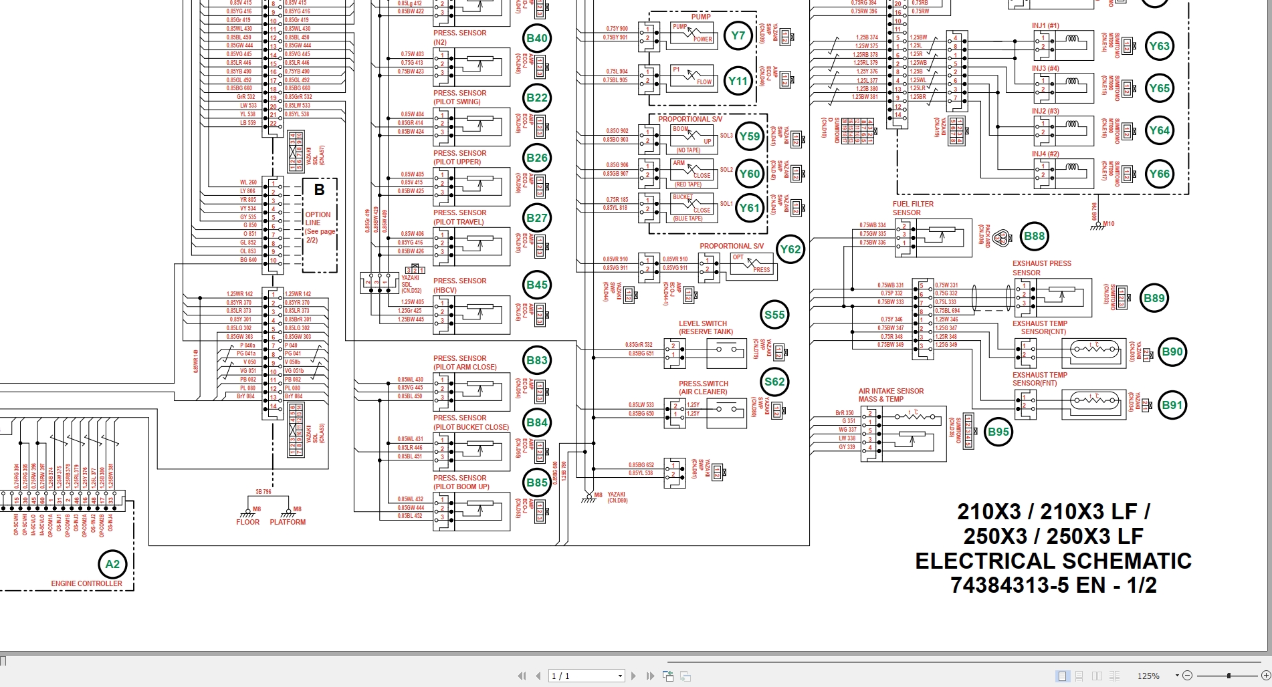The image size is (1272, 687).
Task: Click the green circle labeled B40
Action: [537, 38]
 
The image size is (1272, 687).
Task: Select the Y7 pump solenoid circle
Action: [738, 35]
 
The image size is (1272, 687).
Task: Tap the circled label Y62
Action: [790, 249]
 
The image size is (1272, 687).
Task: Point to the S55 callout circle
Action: [774, 315]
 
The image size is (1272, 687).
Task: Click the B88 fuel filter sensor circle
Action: [1034, 236]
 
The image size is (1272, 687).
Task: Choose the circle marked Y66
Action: [1159, 174]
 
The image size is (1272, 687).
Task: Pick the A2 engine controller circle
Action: [112, 564]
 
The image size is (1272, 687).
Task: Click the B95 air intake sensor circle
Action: [998, 432]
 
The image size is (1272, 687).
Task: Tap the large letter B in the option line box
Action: [319, 190]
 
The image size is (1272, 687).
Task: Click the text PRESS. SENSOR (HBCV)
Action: [459, 285]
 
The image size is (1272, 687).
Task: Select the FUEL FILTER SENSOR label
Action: [912, 209]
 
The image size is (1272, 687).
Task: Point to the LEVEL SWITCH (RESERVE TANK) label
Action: [706, 327]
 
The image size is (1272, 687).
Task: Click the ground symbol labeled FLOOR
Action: [247, 515]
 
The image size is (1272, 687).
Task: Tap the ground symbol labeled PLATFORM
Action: [288, 515]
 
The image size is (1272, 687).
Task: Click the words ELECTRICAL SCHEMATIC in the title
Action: [1053, 561]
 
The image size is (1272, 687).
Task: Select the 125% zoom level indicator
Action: [1148, 676]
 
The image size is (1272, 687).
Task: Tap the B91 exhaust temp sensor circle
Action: [1172, 405]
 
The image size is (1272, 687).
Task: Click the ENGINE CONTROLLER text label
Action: [87, 583]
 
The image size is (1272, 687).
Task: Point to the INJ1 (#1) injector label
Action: [1045, 26]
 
